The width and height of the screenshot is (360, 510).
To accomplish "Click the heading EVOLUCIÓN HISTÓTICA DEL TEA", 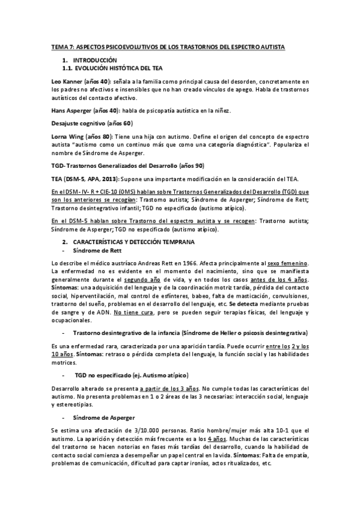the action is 113,69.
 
